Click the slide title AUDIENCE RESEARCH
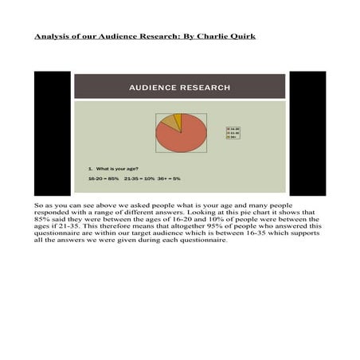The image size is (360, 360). point(180,87)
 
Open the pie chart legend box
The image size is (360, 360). point(233,132)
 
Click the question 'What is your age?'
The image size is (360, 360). point(116,169)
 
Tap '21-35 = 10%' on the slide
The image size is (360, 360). point(139,178)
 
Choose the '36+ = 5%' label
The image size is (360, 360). point(169,178)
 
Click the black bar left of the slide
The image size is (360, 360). point(52,133)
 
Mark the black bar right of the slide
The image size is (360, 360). point(307,133)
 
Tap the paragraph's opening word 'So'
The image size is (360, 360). point(39,205)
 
